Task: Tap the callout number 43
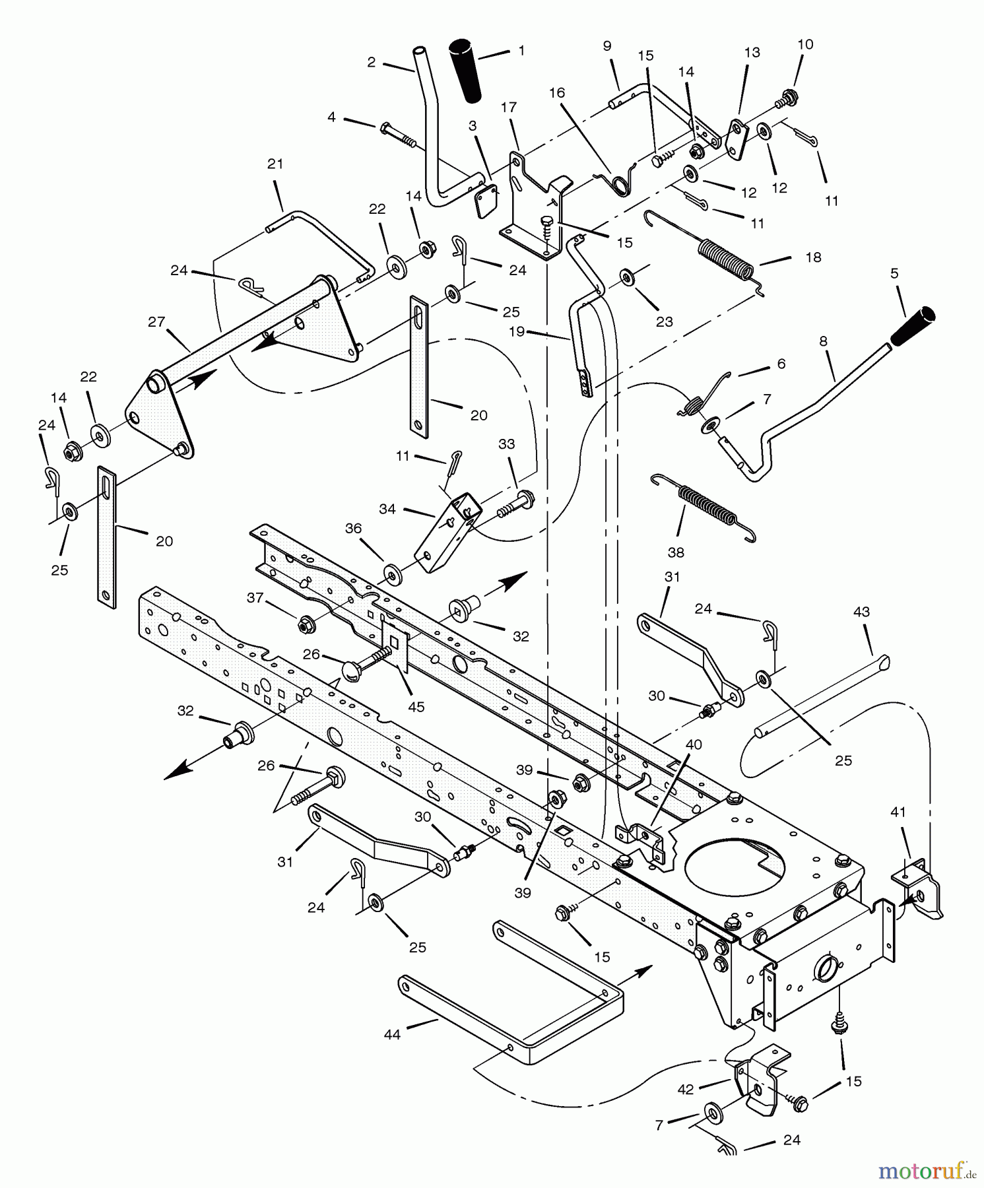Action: (861, 612)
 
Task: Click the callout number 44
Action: (392, 1035)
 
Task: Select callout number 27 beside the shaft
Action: (156, 322)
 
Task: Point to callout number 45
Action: (416, 707)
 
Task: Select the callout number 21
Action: (275, 164)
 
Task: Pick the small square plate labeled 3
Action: (486, 199)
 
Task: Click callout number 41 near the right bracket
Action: (898, 812)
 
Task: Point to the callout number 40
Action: (693, 744)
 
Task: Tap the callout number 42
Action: (686, 1089)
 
